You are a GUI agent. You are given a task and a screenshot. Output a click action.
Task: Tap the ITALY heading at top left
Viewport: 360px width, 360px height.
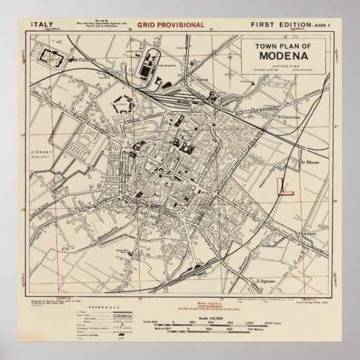(42, 25)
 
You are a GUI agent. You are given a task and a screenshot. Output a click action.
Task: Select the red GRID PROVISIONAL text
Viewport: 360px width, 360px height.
(170, 25)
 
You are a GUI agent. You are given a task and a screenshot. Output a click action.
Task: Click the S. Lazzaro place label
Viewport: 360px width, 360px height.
(308, 234)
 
